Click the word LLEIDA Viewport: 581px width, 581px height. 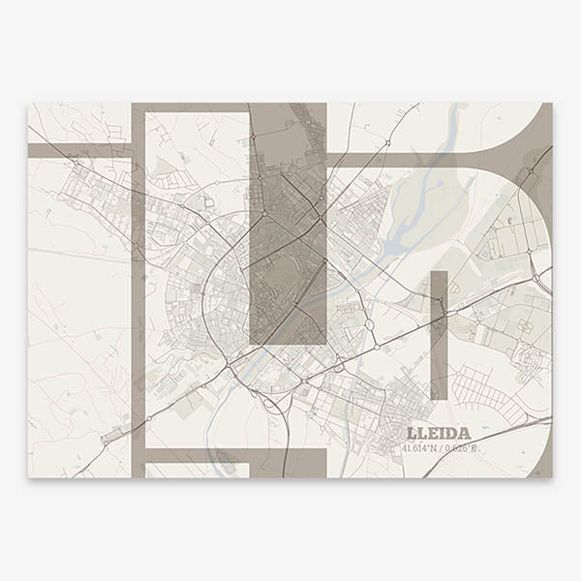pos(439,433)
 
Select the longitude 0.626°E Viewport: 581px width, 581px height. pos(462,447)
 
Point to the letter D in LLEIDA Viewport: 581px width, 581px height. pos(453,433)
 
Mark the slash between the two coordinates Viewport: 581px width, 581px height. pos(442,447)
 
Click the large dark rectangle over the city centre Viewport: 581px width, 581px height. pos(288,223)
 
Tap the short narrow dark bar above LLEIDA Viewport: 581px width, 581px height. pos(439,334)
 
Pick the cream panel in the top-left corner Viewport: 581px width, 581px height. pos(77,121)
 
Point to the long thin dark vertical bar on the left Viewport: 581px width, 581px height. pos(138,290)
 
